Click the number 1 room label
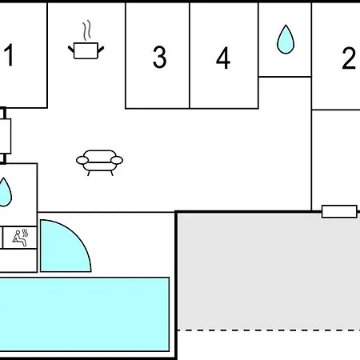10,55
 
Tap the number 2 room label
349,58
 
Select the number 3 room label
159,57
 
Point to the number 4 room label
223,58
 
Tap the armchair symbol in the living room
99,162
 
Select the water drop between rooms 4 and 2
286,39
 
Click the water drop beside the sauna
5,193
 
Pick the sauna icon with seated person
20,238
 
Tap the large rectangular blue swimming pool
84,314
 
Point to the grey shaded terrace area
269,271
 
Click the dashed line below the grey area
269,330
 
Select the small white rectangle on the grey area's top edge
339,211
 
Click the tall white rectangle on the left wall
6,136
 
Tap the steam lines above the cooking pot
86,30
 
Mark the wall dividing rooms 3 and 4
190,55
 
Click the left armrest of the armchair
82,160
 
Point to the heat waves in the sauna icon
25,233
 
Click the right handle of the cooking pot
101,50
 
